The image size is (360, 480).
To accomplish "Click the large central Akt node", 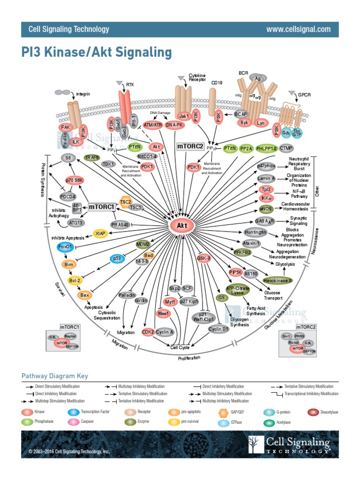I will point(181,226).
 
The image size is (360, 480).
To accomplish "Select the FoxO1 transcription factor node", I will point(65,247).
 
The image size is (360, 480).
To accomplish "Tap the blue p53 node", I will point(117,258).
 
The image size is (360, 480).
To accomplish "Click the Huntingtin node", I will point(255,232).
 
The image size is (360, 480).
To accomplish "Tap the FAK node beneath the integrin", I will point(65,127).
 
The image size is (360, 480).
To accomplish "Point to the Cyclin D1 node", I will point(219,329).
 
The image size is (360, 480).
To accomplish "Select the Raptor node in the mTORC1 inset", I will point(70,336).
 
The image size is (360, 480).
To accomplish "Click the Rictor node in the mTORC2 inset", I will point(294,343).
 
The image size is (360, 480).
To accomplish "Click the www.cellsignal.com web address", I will point(298,29).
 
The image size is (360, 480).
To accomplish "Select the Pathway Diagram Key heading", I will point(55,376).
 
